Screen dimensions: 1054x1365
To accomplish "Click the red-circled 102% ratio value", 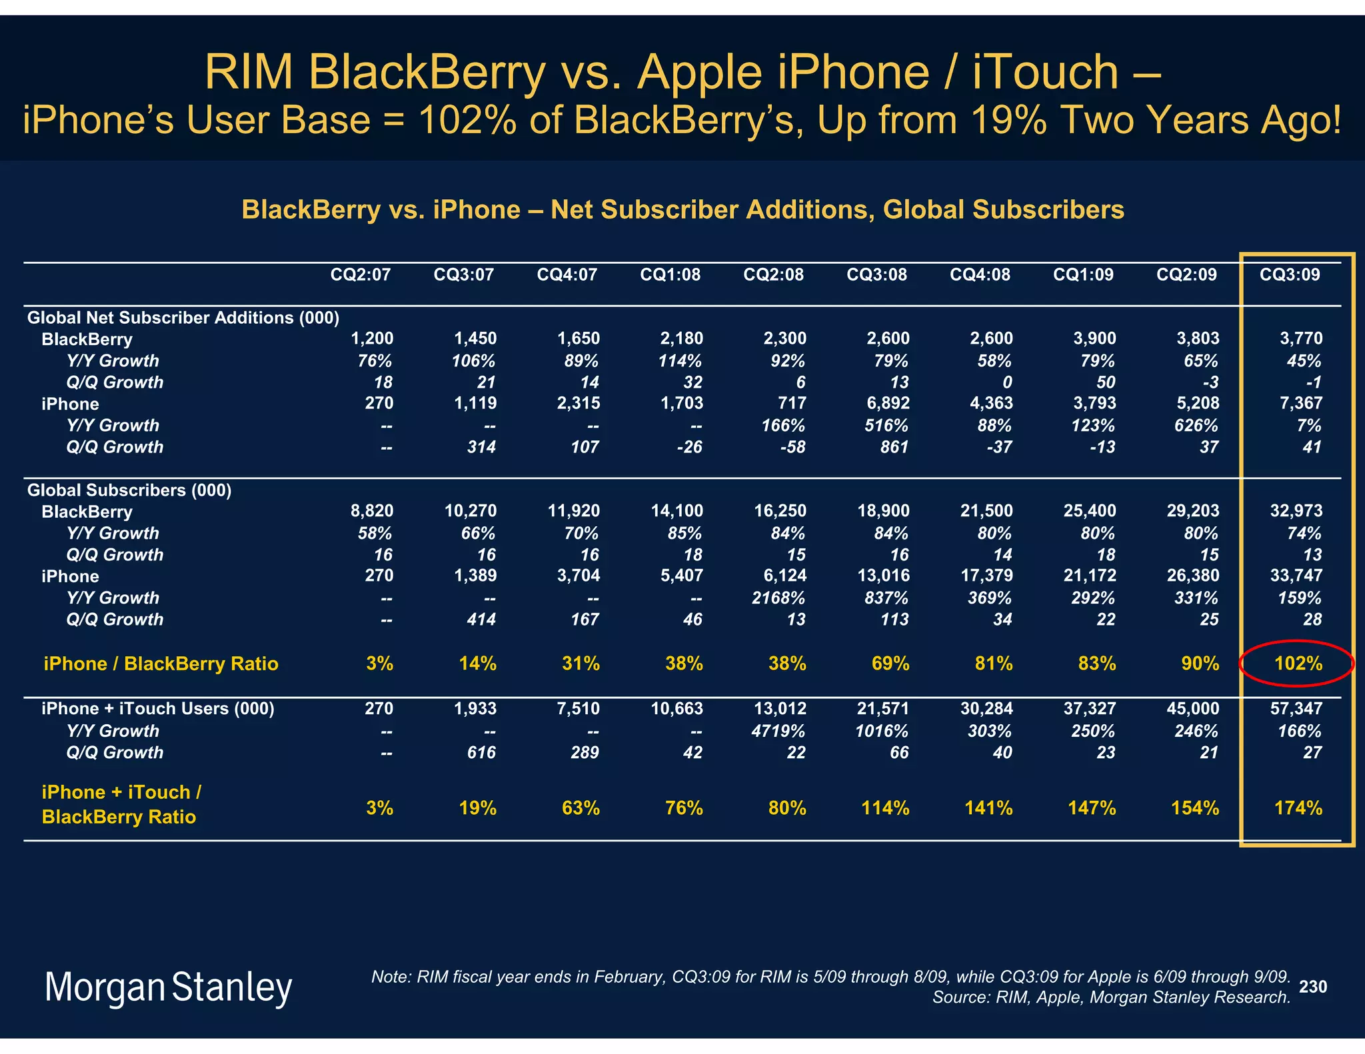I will (1298, 664).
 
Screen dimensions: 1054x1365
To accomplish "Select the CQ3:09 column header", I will (1289, 274).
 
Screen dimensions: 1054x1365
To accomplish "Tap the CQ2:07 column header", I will (361, 274).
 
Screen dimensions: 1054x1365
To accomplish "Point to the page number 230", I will (1313, 987).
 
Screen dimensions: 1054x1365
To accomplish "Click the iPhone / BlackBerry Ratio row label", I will (161, 664).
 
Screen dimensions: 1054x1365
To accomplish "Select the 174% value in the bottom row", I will (1298, 808).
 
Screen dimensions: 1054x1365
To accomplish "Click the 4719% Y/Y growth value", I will (778, 731).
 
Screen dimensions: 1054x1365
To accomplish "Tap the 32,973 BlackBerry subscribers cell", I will (1296, 511).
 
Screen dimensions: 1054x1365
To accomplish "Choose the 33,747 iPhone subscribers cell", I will (1296, 576).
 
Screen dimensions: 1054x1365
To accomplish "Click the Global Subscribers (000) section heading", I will (129, 490).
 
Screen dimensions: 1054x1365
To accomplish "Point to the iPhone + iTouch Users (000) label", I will (158, 708).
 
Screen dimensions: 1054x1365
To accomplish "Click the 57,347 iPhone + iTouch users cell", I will (1296, 708).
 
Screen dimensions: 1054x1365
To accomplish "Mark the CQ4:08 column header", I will (980, 274).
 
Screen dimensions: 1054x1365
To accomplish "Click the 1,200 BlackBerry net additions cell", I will (372, 338).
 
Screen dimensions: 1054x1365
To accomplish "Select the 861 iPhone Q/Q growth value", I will (894, 447).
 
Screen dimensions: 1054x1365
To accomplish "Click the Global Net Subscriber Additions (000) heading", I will (183, 318).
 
